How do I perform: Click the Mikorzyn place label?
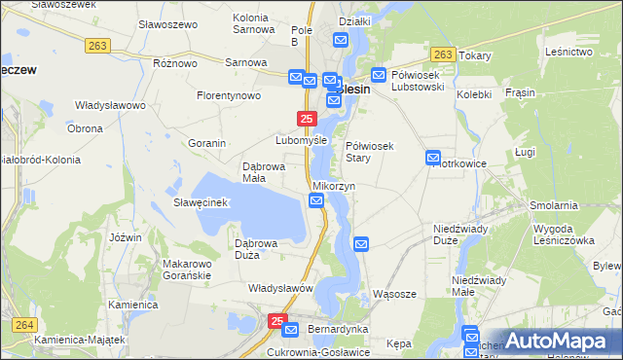334,185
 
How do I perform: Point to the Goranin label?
206,143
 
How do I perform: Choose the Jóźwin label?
127,237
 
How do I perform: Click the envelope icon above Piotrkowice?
433,158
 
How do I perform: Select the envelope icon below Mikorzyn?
316,200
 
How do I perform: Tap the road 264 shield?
23,325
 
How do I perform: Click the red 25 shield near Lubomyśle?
307,119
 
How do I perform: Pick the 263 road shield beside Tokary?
443,54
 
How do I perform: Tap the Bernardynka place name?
337,329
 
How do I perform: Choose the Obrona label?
85,128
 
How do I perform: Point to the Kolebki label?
474,94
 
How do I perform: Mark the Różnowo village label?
175,62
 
